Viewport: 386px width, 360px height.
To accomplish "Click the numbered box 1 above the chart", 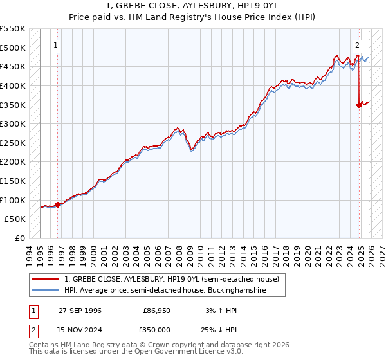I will [x=57, y=45].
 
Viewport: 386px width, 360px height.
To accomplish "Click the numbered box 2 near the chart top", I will [x=357, y=45].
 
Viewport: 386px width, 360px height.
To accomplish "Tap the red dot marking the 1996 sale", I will [x=58, y=204].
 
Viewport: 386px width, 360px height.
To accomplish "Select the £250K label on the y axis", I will [x=13, y=143].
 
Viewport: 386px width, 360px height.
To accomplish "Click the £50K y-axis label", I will [x=15, y=219].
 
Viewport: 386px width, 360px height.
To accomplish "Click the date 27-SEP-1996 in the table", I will [x=80, y=310].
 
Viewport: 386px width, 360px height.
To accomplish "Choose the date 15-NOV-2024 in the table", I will [x=80, y=329].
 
